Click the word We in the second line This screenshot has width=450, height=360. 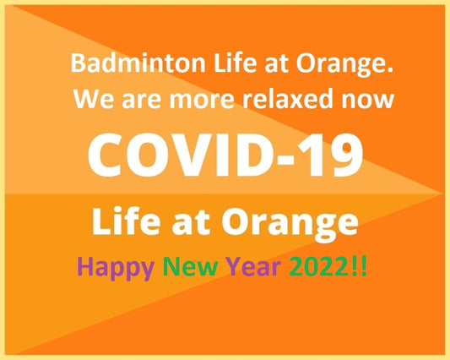89,100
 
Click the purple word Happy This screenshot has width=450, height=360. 115,269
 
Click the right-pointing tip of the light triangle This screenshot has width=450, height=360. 441,194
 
